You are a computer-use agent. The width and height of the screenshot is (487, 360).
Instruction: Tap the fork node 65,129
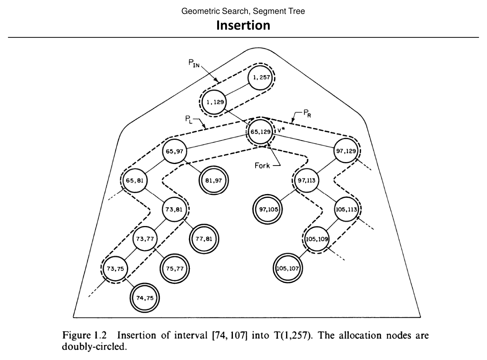[x=260, y=131]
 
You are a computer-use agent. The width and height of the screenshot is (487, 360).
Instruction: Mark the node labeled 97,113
[x=306, y=180]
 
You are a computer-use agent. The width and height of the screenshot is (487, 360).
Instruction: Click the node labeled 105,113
[x=347, y=209]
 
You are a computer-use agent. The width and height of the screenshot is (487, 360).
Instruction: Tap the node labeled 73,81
[x=174, y=209]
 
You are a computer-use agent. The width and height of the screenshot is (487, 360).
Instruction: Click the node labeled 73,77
[x=145, y=239]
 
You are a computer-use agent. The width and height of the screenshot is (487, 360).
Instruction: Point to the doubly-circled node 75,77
[x=174, y=268]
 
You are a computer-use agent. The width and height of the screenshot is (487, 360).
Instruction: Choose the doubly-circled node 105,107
[x=288, y=268]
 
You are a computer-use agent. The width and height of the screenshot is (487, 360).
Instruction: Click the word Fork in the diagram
[x=263, y=166]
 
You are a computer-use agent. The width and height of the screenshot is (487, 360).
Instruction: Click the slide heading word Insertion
[x=243, y=25]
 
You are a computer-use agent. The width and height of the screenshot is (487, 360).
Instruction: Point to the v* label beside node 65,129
[x=281, y=130]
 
